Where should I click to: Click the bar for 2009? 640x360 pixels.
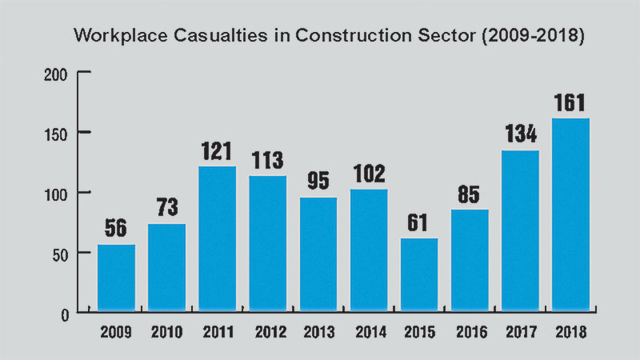pyautogui.click(x=116, y=278)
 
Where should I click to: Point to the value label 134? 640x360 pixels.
pyautogui.click(x=520, y=134)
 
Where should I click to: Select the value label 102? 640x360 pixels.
pyautogui.click(x=368, y=174)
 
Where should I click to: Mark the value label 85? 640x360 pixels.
pyautogui.click(x=469, y=194)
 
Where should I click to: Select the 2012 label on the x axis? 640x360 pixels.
pyautogui.click(x=268, y=333)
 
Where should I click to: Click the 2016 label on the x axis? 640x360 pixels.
pyautogui.click(x=469, y=333)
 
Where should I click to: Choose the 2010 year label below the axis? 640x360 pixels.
pyautogui.click(x=166, y=333)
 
